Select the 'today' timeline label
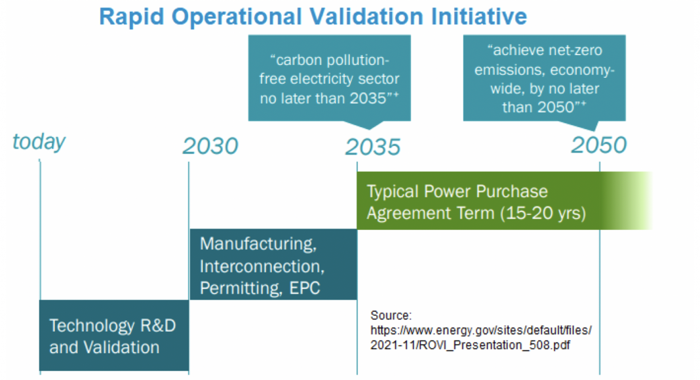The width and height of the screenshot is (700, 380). click(39, 142)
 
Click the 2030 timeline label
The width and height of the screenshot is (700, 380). click(210, 146)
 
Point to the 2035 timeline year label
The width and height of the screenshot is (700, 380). click(373, 147)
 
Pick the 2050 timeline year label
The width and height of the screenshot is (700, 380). click(599, 145)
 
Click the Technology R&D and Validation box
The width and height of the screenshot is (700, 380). click(114, 335)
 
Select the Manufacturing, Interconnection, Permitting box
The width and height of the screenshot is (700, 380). click(273, 265)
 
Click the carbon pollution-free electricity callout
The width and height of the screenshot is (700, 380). click(330, 78)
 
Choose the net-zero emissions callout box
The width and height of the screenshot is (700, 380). click(544, 78)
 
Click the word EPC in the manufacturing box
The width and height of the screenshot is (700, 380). click(305, 288)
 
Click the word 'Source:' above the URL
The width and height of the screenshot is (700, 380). click(391, 315)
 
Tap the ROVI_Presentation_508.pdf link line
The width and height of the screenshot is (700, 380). click(470, 345)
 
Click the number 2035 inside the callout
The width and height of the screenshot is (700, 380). click(368, 98)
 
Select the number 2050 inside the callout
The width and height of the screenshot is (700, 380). click(556, 107)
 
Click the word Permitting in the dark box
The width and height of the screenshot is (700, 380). click(241, 288)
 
